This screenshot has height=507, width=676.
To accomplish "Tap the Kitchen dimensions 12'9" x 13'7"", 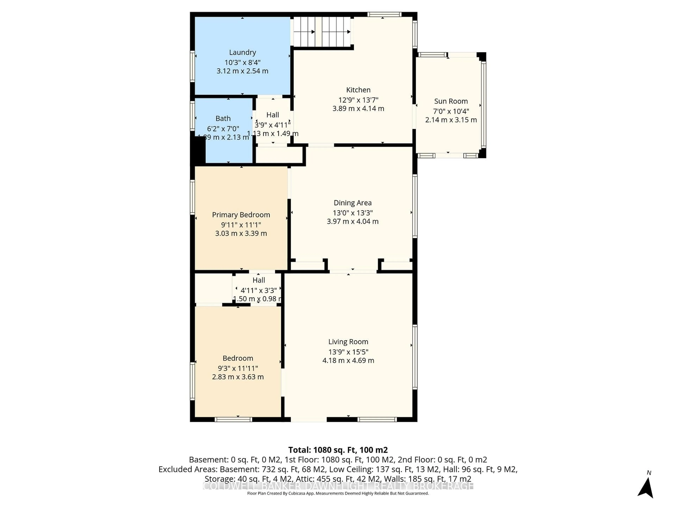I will pos(358,100).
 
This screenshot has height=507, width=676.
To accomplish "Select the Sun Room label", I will pos(451,101).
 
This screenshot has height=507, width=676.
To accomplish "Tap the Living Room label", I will pos(348,342).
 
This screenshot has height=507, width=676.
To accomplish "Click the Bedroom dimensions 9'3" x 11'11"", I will pos(238,368).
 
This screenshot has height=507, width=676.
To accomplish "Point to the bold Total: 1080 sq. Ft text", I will pos(338,450).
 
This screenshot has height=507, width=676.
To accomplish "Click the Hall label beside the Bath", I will pos(273,115).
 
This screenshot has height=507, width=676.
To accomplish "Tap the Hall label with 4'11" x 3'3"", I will pos(259,280).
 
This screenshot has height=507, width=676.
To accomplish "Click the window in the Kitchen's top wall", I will pos(384,14).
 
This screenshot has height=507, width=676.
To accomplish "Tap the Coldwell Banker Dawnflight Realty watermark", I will pos(338,486).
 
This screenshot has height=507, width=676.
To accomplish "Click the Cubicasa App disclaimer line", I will pos(338,493).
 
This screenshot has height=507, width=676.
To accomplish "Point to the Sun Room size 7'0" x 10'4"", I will pos(451,111).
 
